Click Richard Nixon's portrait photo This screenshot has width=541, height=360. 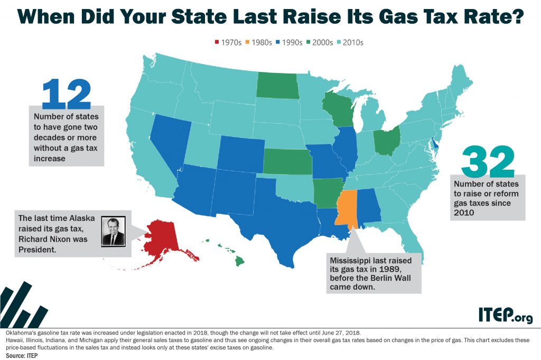tap(114, 231)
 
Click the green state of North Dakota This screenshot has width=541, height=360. tap(277, 85)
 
